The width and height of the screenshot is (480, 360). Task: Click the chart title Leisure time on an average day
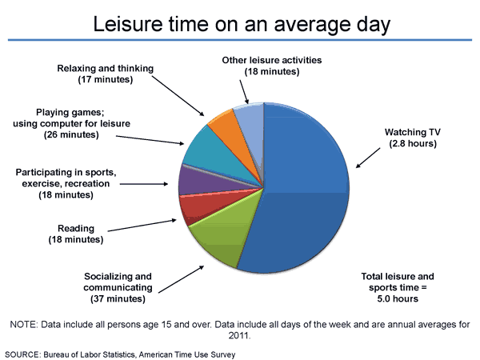[x=241, y=23]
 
